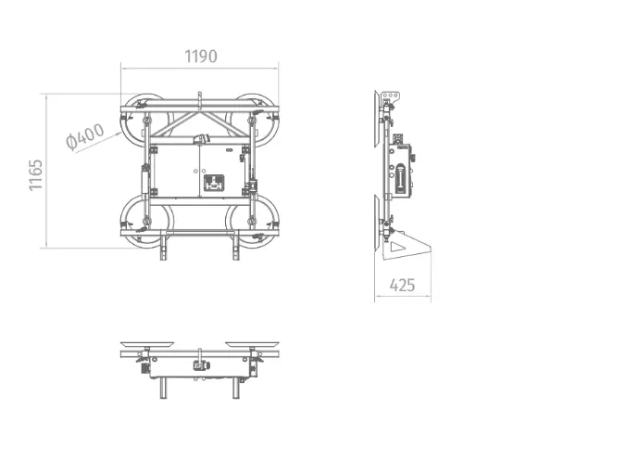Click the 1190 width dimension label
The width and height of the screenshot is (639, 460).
tap(201, 57)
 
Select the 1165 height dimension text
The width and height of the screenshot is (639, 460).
tap(36, 174)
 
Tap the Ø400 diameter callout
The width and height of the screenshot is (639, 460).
tap(85, 136)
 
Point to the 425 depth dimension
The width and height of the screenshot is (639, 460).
tap(402, 285)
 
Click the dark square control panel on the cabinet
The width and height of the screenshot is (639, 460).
tap(214, 184)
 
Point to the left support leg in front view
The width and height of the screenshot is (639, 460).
tap(163, 246)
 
